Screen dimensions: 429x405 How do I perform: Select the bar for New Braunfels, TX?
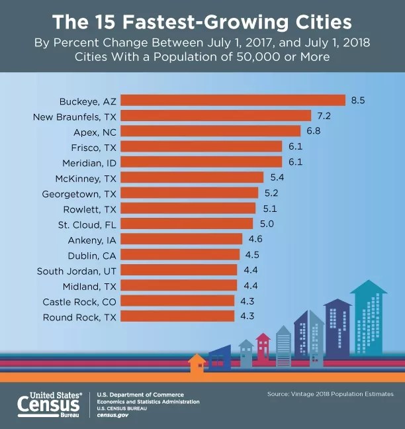[216, 116]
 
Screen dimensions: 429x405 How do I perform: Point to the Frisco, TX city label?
[93, 146]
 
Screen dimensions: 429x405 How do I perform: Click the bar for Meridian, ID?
[201, 162]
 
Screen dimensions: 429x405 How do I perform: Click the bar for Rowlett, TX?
[189, 208]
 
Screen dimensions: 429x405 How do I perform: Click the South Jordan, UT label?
[77, 269]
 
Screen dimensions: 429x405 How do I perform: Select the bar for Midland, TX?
[179, 285]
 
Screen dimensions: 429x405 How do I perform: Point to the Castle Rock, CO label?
[80, 301]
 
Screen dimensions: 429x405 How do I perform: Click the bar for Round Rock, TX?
[178, 316]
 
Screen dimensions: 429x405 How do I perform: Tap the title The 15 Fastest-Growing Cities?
[202, 22]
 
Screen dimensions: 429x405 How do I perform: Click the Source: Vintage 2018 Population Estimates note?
[330, 394]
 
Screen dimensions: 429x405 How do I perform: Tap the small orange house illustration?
[197, 363]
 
